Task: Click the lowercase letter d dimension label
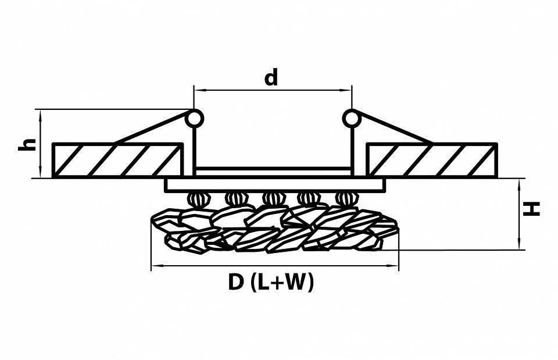pos(271,77)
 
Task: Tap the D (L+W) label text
pos(271,283)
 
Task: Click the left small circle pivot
pos(195,118)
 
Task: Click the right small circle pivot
pos(350,118)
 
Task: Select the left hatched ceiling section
pos(116,159)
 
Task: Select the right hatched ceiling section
pos(432,159)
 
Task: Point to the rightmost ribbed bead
pos(344,199)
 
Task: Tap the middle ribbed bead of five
pos(271,199)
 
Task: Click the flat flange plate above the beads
pos(275,185)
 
